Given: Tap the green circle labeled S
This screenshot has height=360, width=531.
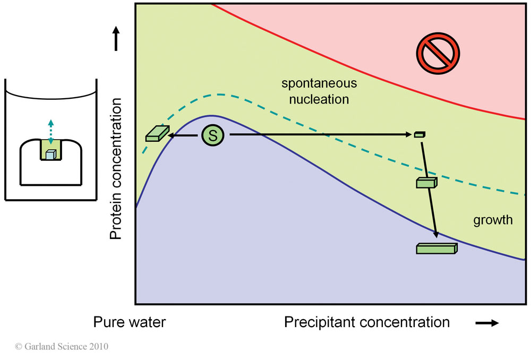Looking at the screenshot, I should coord(213,135).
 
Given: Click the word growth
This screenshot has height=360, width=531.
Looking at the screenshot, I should coord(493,219).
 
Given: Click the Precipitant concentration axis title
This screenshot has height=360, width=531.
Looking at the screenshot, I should coord(367,322).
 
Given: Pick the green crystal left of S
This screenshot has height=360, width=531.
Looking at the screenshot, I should coord(157,134).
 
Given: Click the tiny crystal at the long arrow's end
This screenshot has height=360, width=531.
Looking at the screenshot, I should coord(419,134).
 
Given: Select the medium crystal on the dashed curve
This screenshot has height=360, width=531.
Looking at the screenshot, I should coord(426,183).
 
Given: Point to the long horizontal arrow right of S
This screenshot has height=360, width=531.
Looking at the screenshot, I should coord(319,135).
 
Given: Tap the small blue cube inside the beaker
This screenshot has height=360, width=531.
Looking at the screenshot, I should coord(50,155).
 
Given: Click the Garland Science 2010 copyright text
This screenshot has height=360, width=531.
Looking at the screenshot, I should coord(62,347).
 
